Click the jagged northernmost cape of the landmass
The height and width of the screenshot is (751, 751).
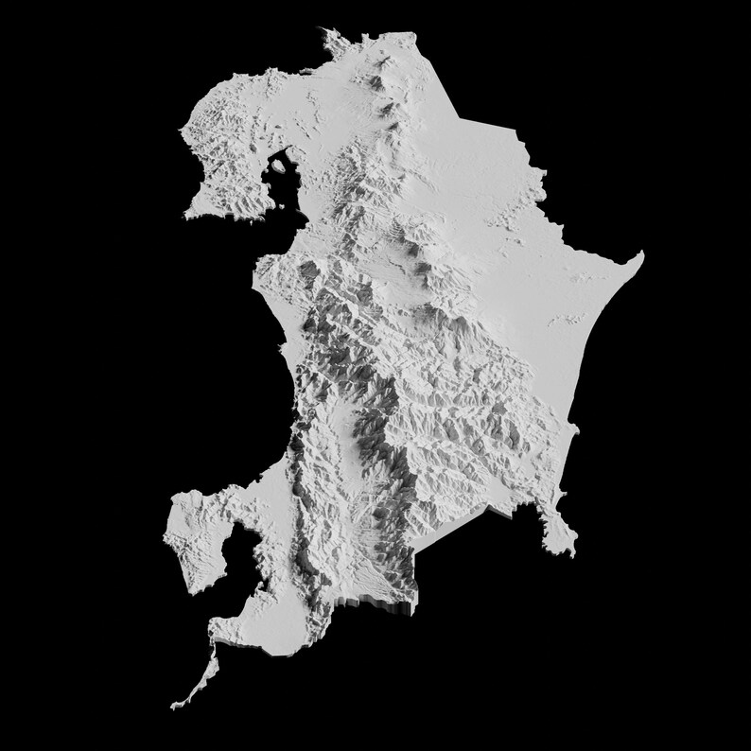(330, 35)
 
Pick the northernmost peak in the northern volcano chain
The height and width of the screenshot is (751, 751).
(382, 67)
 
